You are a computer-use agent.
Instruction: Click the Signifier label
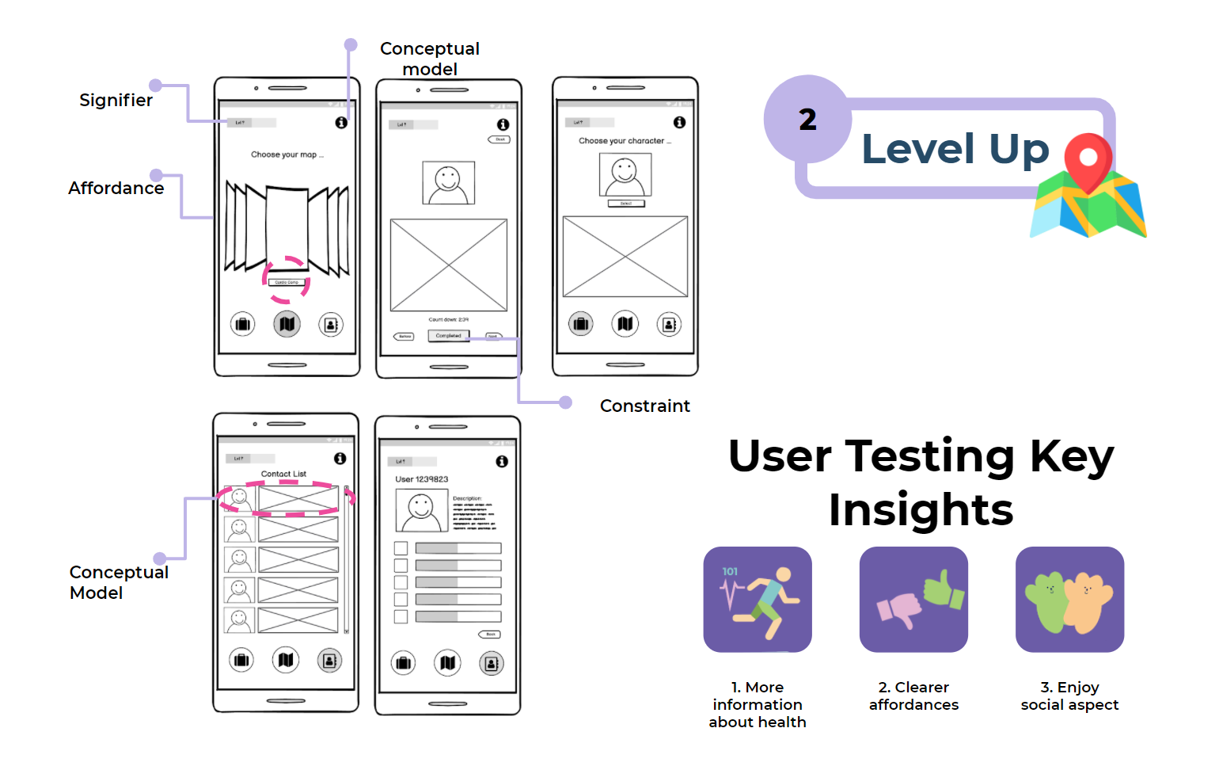[116, 101]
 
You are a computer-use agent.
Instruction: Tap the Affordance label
[116, 189]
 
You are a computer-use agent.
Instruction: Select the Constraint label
[644, 406]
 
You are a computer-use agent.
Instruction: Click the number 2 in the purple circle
[807, 120]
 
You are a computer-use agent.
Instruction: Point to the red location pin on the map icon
[1088, 159]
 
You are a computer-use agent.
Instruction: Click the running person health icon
[758, 600]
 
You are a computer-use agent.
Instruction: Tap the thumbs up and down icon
[913, 600]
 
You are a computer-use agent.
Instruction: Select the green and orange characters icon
[1069, 600]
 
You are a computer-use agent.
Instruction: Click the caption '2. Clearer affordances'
[913, 696]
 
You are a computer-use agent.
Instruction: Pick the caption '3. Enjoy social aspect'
[1069, 696]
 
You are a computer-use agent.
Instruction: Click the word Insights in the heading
[921, 509]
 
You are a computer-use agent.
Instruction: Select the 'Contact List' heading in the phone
[283, 474]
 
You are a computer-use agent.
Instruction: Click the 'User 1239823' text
[422, 479]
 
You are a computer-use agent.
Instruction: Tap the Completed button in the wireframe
[448, 336]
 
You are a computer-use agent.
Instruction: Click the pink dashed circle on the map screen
[286, 280]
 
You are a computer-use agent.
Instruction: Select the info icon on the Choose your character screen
[679, 122]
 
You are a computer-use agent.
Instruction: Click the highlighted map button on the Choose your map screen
[287, 324]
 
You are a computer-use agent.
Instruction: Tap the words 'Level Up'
[955, 149]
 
